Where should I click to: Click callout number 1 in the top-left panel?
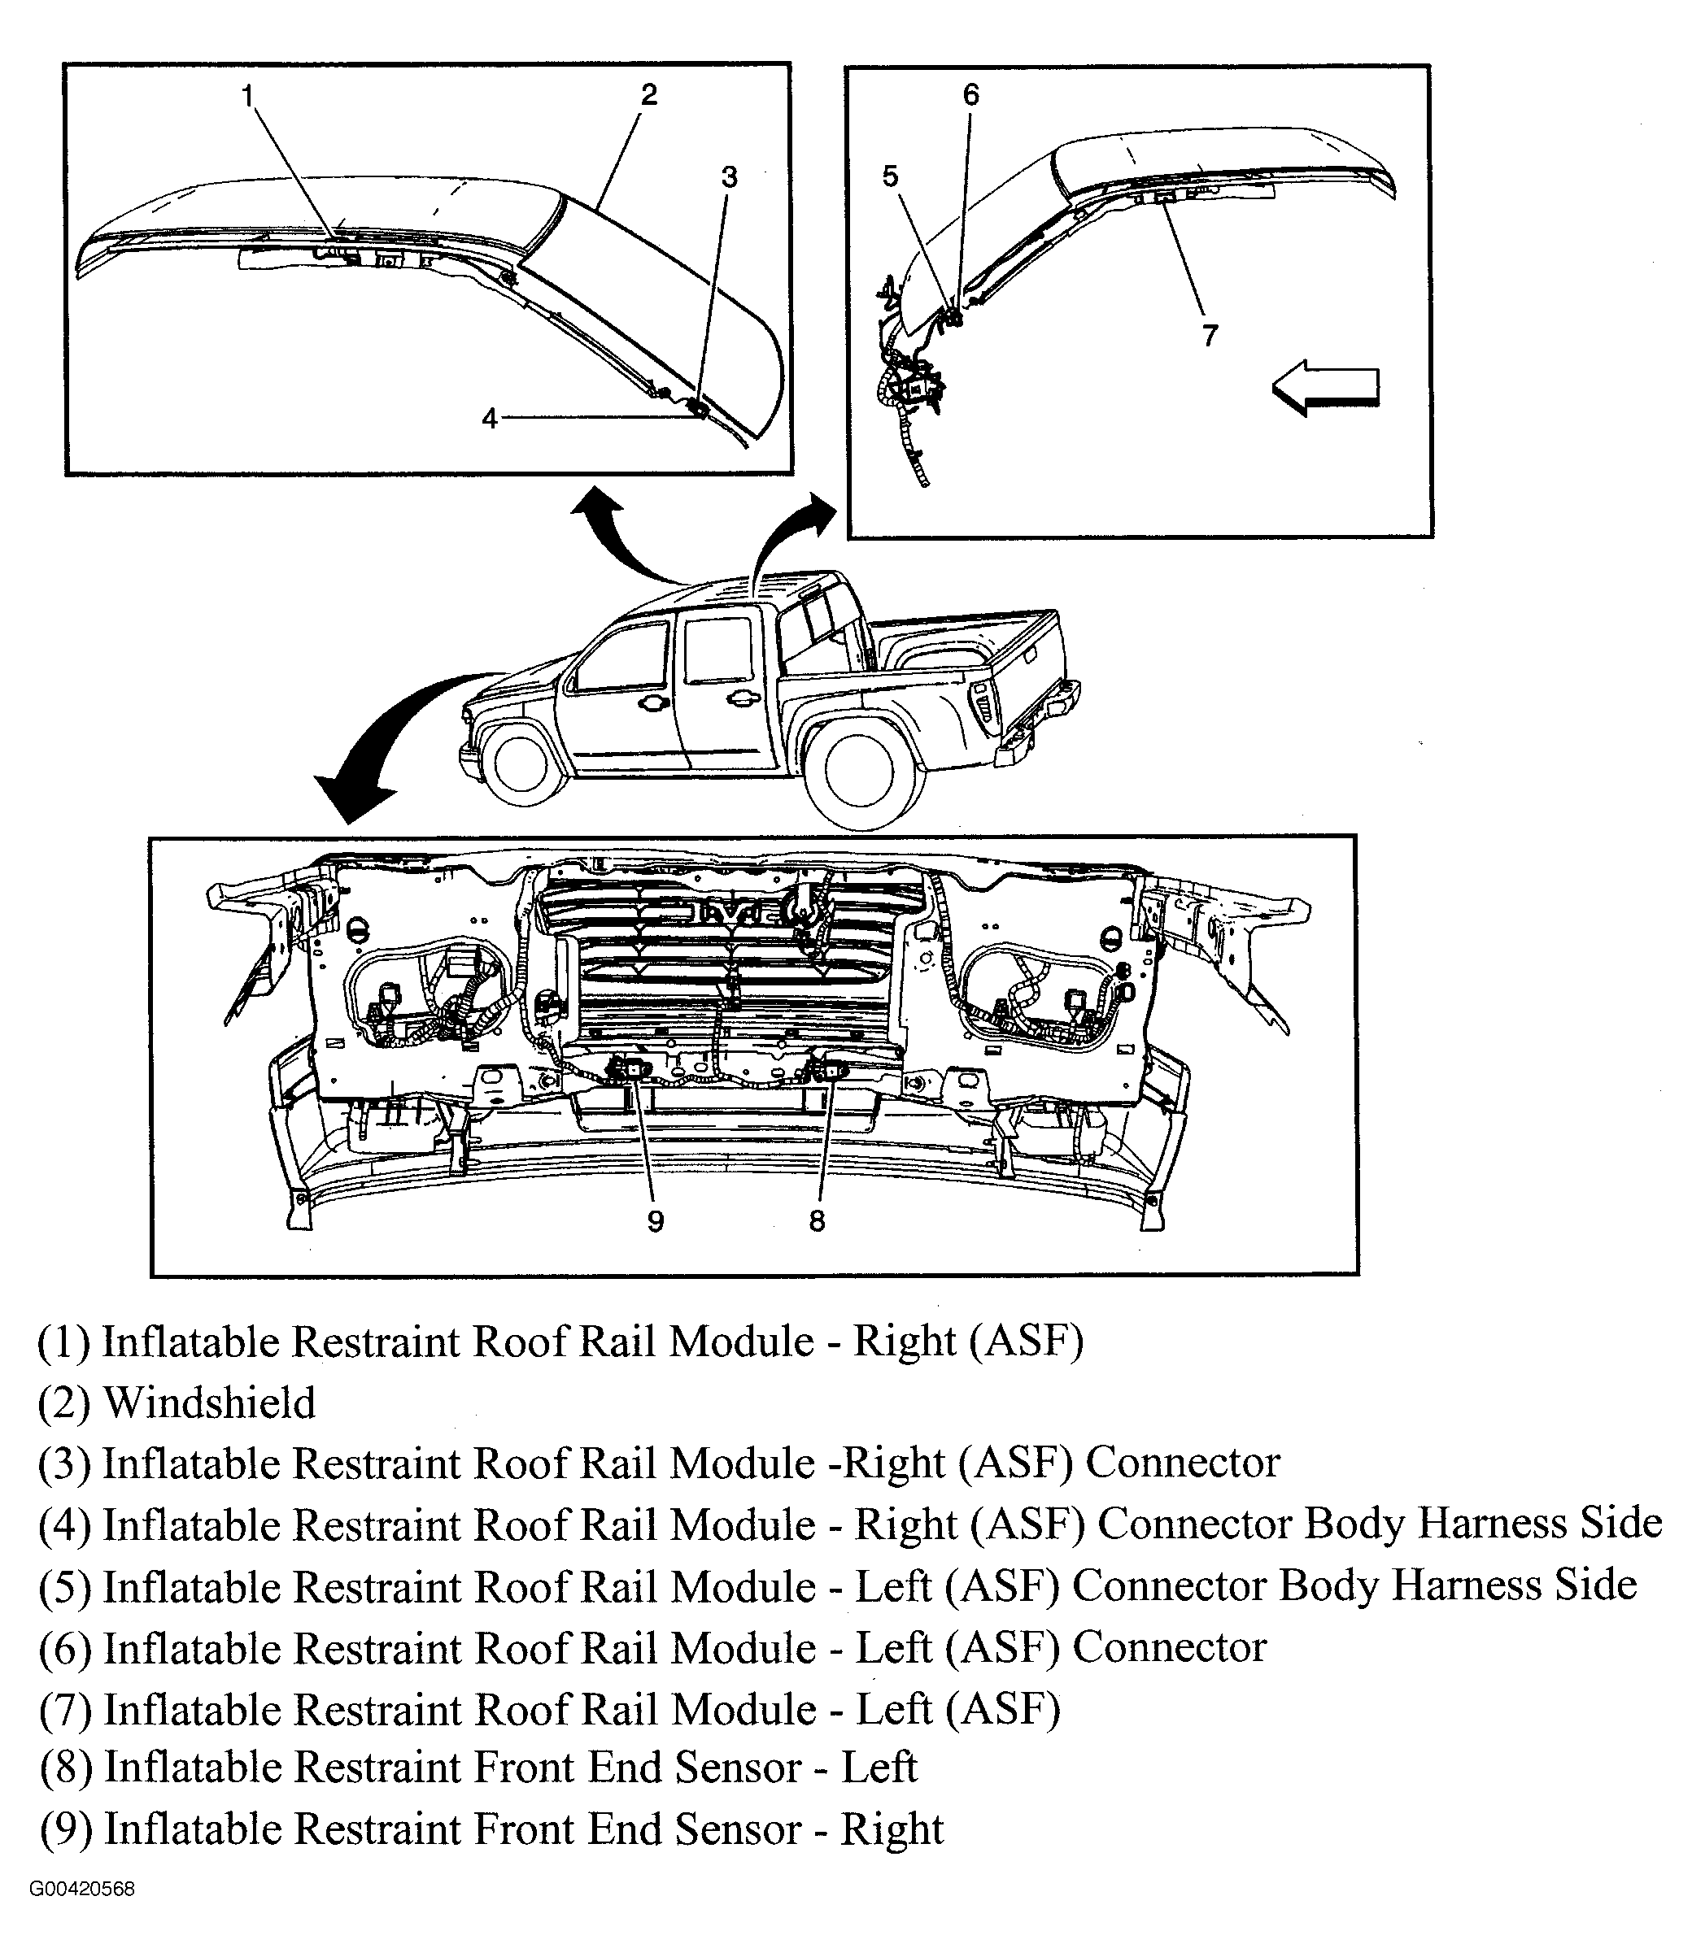[x=246, y=96]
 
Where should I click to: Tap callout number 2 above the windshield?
[x=648, y=94]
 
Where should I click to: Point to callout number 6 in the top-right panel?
[x=971, y=94]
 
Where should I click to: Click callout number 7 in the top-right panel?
[x=1210, y=335]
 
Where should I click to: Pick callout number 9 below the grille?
[x=656, y=1221]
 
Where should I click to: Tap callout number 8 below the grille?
[x=818, y=1221]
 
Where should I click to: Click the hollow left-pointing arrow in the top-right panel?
[x=1327, y=387]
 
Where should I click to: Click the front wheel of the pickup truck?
[x=521, y=763]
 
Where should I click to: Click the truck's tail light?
[x=984, y=706]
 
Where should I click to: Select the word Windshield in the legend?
[x=210, y=1403]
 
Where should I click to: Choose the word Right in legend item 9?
[x=892, y=1829]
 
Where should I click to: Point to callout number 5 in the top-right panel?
[x=890, y=176]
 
